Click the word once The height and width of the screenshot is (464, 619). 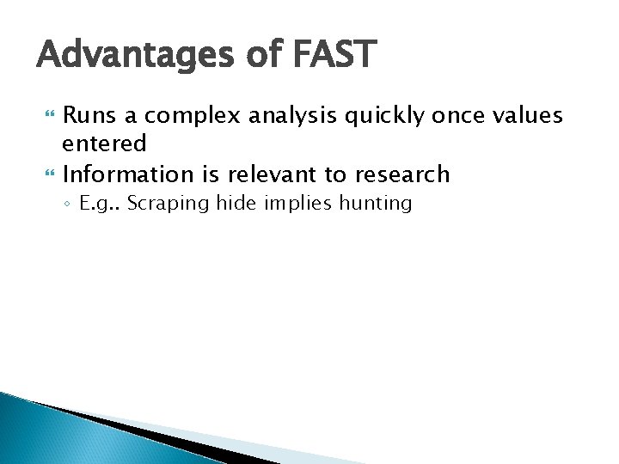pyautogui.click(x=459, y=115)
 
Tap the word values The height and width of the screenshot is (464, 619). pyautogui.click(x=529, y=115)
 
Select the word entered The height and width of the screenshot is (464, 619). pyautogui.click(x=104, y=143)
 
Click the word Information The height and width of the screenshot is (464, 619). pyautogui.click(x=128, y=174)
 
